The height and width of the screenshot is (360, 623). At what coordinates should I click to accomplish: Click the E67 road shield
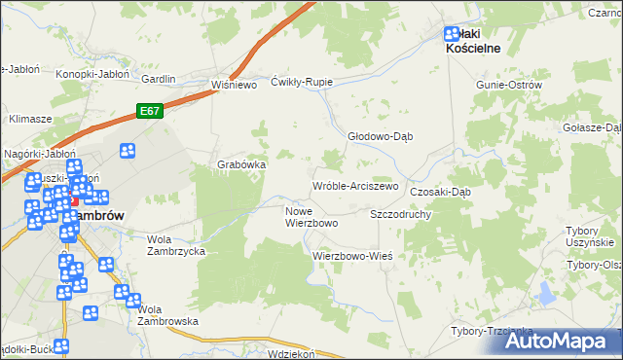(x=149, y=111)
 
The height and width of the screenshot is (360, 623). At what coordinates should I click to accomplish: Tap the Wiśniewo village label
(x=233, y=85)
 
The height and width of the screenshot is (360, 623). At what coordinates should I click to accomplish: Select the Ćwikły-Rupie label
(x=303, y=82)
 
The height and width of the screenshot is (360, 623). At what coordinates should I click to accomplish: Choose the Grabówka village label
(x=241, y=164)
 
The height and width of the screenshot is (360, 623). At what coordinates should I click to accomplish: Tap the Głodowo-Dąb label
(x=381, y=136)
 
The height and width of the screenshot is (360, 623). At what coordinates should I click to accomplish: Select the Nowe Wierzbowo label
(x=311, y=216)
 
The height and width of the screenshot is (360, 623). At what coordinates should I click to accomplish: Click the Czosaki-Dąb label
(x=440, y=192)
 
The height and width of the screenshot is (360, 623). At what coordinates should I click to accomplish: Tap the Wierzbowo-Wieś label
(x=351, y=256)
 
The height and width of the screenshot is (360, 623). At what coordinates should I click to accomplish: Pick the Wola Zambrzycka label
(x=175, y=244)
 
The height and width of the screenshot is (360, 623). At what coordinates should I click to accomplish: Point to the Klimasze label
(x=30, y=118)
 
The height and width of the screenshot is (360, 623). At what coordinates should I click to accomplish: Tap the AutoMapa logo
(x=559, y=341)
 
